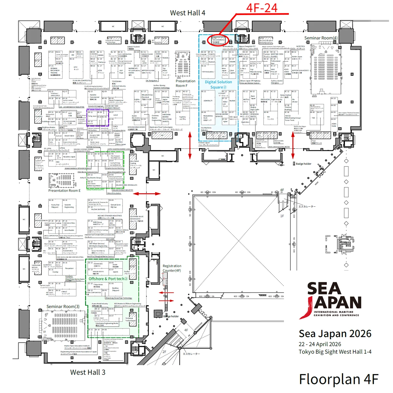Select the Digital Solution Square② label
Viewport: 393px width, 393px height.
click(x=218, y=84)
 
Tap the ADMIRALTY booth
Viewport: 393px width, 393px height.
click(x=208, y=101)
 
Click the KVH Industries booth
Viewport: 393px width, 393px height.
click(x=208, y=72)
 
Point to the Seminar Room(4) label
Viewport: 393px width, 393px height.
click(x=321, y=38)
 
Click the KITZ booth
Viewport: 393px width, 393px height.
click(x=76, y=68)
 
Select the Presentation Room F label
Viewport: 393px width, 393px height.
click(x=185, y=83)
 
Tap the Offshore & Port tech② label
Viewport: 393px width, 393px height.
click(x=108, y=279)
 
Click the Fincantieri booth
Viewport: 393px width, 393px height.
click(x=69, y=268)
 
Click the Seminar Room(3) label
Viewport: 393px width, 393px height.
click(x=63, y=307)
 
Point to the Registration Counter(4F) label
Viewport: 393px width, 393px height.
click(x=172, y=268)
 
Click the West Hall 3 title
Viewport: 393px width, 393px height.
click(x=88, y=372)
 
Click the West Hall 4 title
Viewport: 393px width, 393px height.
click(x=187, y=13)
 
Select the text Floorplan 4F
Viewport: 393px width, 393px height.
click(x=339, y=379)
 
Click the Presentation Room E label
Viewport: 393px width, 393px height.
click(x=64, y=191)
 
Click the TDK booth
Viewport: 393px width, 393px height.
click(x=313, y=118)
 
